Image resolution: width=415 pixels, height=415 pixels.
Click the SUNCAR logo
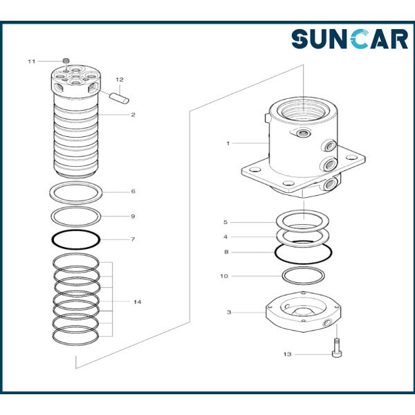point(349,39)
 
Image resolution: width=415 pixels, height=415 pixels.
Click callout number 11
point(32,62)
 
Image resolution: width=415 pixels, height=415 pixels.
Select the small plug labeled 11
point(66,61)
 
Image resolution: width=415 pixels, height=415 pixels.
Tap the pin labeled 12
point(120,98)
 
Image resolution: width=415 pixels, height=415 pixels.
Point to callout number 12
point(120,80)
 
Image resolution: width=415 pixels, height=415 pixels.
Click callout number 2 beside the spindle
point(133,115)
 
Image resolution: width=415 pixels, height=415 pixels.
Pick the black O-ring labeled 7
point(75,239)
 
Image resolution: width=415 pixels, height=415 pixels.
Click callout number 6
point(133,191)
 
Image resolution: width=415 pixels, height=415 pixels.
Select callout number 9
point(133,216)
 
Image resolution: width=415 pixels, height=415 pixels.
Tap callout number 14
point(138,302)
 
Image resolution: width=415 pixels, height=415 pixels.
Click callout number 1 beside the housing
point(228,143)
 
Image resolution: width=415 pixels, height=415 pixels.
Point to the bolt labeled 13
point(336,348)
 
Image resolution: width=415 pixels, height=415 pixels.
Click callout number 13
point(288,354)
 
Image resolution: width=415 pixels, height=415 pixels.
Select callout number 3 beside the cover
point(229,313)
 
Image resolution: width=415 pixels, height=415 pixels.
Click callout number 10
point(224,276)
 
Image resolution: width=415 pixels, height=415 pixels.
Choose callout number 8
point(226,252)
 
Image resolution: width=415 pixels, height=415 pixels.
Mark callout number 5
point(225,222)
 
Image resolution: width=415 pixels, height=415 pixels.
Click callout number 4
point(225,237)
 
